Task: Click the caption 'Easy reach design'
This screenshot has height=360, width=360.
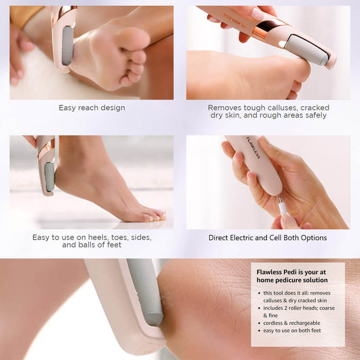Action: click(92, 108)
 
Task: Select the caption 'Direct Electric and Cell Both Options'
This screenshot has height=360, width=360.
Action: click(268, 238)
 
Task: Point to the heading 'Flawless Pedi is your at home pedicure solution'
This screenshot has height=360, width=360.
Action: click(292, 275)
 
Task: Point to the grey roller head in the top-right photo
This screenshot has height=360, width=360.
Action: click(307, 49)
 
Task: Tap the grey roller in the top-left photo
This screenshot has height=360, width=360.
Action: click(67, 45)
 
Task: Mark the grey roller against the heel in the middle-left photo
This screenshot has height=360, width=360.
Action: click(49, 177)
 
